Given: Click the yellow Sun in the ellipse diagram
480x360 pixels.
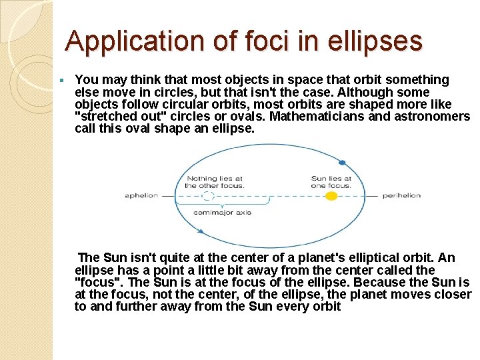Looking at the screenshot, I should pos(330,196).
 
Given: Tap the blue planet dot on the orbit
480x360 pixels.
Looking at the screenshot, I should pos(342,162).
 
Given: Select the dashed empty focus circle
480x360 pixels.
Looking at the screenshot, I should pos(208,196).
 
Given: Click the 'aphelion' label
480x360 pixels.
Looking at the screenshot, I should pos(141,195).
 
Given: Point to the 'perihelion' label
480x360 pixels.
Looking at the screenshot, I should pos(401,195).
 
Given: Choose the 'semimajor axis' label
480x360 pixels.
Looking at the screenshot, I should pos(222,213).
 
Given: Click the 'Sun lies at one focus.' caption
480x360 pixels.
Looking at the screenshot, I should pos(331,182).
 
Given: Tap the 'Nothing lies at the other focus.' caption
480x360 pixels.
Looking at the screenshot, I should pos(215,182).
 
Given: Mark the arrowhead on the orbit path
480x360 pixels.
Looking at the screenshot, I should pos(201,231).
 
